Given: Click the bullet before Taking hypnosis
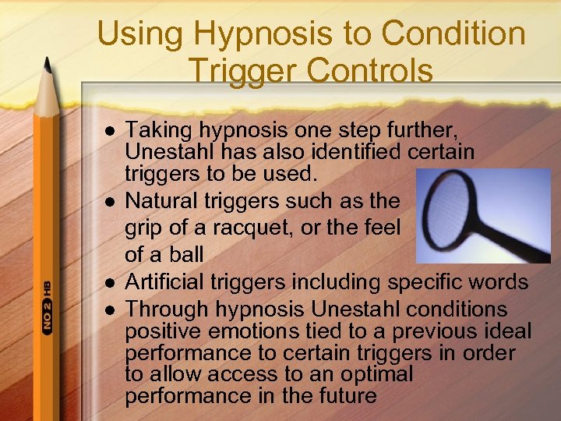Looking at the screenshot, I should pyautogui.click(x=108, y=129).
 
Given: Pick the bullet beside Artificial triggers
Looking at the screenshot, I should pyautogui.click(x=108, y=282).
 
